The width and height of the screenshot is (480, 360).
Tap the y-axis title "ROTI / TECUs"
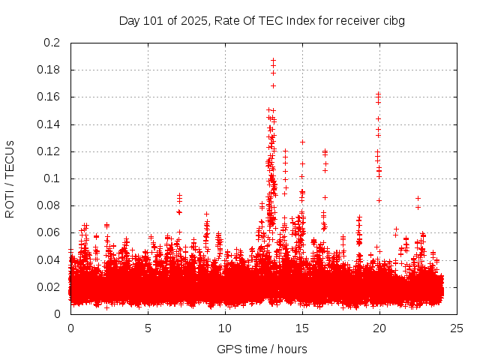point(10,178)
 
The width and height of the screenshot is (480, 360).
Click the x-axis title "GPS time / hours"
point(262,349)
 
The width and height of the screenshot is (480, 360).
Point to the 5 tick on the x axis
point(148,328)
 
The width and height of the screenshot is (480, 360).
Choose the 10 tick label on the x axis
point(225,328)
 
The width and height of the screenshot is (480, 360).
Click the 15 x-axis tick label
point(302,328)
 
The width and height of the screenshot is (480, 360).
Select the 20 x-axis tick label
point(379,328)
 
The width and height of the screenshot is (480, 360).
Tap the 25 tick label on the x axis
point(457,328)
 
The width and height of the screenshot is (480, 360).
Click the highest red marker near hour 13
point(273,60)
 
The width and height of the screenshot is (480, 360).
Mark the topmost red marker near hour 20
point(379,94)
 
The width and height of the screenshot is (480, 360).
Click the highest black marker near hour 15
point(303,142)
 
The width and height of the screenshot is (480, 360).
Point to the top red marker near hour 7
point(179,196)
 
